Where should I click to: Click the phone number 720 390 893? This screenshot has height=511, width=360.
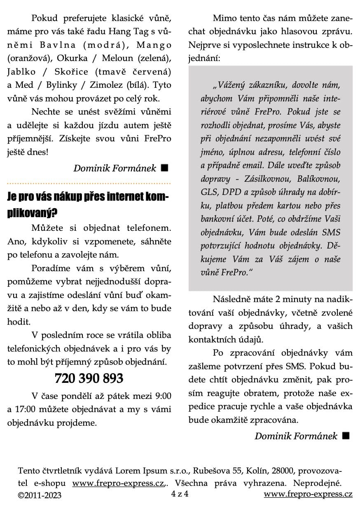pos(89,378)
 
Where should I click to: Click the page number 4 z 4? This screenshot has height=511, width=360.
pos(180,493)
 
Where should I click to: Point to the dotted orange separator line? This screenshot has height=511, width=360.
pos(89,182)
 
